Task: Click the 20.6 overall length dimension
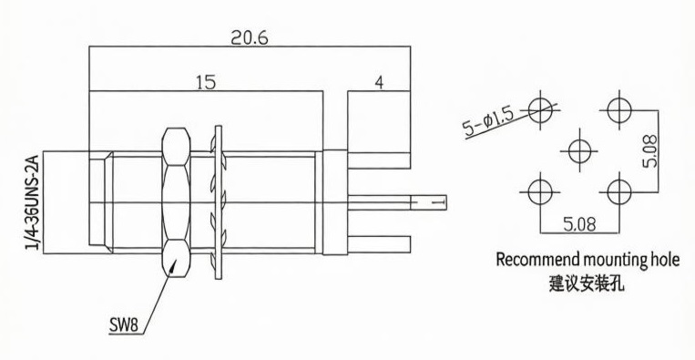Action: click(250, 38)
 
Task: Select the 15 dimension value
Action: click(206, 82)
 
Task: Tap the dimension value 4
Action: click(379, 83)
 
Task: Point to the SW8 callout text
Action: click(124, 326)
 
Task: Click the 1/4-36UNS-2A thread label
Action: click(34, 202)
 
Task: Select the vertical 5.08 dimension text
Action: click(651, 150)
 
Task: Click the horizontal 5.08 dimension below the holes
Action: click(579, 224)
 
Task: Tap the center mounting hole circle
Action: click(580, 150)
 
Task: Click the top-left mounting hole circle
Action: click(541, 110)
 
